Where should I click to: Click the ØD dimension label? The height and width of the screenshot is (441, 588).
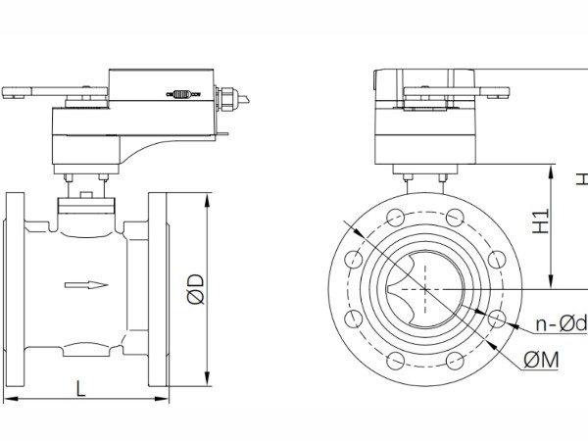click(195, 289)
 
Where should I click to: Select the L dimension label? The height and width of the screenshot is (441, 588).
click(80, 388)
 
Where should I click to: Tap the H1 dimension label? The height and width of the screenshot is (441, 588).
click(541, 220)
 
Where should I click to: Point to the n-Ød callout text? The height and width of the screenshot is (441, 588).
click(561, 323)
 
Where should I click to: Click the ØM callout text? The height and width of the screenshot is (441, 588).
click(541, 360)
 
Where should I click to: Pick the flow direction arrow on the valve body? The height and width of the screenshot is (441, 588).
click(86, 285)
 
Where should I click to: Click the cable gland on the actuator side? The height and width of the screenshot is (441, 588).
click(228, 99)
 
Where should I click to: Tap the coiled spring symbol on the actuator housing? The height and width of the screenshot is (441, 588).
click(183, 94)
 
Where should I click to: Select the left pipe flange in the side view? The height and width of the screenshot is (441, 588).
click(14, 289)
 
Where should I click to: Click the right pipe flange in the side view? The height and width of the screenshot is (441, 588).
click(159, 289)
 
